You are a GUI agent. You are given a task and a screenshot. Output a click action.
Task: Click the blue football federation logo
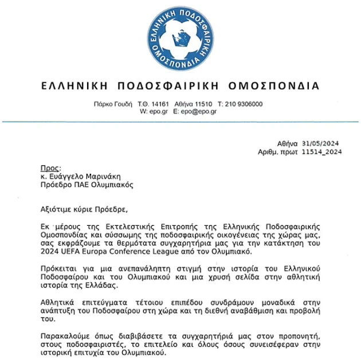click(180, 37)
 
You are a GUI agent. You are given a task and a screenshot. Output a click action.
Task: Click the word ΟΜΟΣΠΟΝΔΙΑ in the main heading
click(273, 86)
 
